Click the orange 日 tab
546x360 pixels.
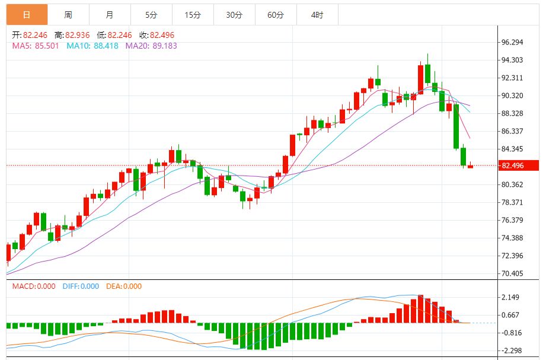pyautogui.click(x=27, y=15)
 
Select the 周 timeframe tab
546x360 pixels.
pyautogui.click(x=68, y=15)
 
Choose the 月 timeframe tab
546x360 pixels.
pyautogui.click(x=110, y=15)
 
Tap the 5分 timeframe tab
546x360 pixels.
pyautogui.click(x=151, y=15)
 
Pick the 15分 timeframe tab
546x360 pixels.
pyautogui.click(x=193, y=15)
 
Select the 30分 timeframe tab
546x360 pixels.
pyautogui.click(x=234, y=15)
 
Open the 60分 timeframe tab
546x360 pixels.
pyautogui.click(x=276, y=15)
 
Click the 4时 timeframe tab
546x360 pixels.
pyautogui.click(x=317, y=15)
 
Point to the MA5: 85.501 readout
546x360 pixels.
pyautogui.click(x=36, y=46)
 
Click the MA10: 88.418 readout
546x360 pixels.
pyautogui.click(x=92, y=46)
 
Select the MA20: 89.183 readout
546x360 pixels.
pyautogui.click(x=151, y=46)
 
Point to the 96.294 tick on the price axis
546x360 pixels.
pyautogui.click(x=512, y=42)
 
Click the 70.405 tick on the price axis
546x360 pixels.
pyautogui.click(x=512, y=273)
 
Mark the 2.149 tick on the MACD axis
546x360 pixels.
pyautogui.click(x=510, y=297)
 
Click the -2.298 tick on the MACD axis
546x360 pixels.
pyautogui.click(x=509, y=351)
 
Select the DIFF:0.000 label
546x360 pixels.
pyautogui.click(x=81, y=286)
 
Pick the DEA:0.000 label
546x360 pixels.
pyautogui.click(x=124, y=286)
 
